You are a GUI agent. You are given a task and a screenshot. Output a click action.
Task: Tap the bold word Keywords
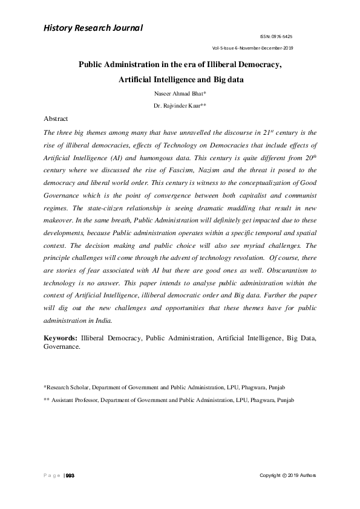pyautogui.click(x=61, y=339)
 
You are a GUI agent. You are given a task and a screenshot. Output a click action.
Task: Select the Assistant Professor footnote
pyautogui.click(x=169, y=400)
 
